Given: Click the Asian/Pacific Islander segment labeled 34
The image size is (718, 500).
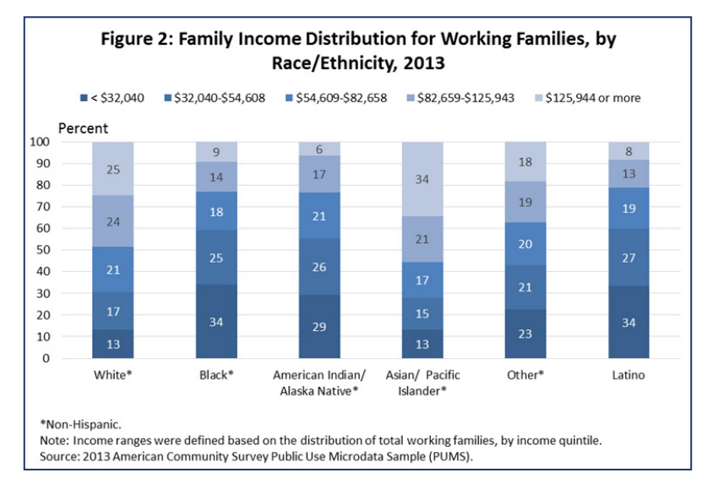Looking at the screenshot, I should click(422, 179).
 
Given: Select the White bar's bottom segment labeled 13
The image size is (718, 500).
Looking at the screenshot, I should click(112, 344).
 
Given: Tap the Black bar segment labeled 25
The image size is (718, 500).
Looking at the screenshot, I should click(215, 257).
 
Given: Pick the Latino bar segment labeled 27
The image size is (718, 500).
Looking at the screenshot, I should click(628, 258).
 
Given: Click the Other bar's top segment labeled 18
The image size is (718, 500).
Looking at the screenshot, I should click(525, 161).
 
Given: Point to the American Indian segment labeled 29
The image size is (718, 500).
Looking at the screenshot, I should click(319, 326).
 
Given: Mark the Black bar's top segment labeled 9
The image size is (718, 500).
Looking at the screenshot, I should click(215, 152).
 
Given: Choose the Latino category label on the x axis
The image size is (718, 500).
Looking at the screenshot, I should click(628, 374).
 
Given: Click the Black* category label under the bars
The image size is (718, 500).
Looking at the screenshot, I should click(215, 374).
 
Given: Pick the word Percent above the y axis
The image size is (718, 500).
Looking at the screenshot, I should click(84, 128).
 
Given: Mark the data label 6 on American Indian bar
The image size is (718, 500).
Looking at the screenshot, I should click(319, 149).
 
